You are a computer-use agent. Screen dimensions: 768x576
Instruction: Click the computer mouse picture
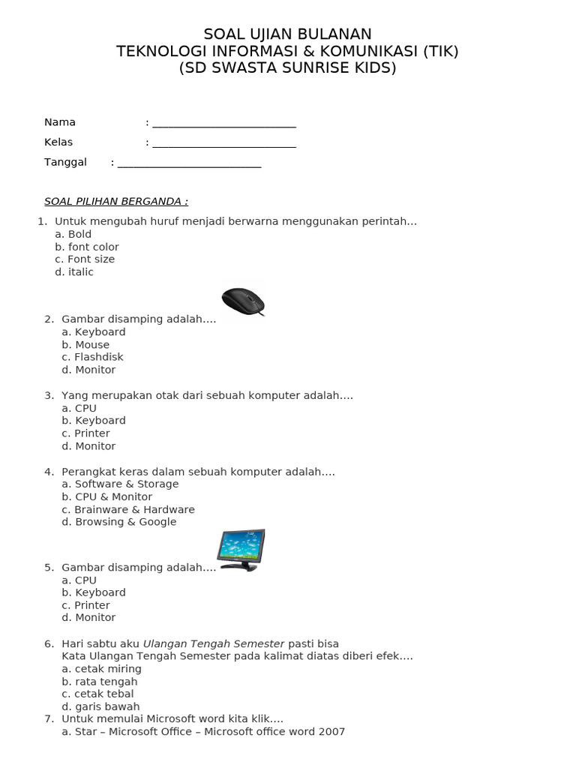pyautogui.click(x=243, y=301)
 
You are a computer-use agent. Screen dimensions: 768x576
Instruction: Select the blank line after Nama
pyautogui.click(x=223, y=123)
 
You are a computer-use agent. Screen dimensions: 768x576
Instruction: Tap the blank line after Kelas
pyautogui.click(x=223, y=142)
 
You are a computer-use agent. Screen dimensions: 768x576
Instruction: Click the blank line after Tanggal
pyautogui.click(x=189, y=163)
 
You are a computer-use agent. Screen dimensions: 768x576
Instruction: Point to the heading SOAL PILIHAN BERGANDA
pyautogui.click(x=116, y=201)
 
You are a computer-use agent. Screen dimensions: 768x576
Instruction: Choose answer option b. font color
pyautogui.click(x=87, y=247)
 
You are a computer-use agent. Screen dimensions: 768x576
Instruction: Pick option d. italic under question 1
pyautogui.click(x=74, y=272)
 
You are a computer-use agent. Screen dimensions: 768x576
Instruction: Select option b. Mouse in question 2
pyautogui.click(x=85, y=345)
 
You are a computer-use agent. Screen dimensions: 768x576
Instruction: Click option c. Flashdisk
pyautogui.click(x=92, y=357)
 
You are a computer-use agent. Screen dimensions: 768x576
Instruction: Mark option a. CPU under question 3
pyautogui.click(x=79, y=408)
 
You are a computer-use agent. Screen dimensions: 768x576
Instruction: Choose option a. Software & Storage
pyautogui.click(x=120, y=484)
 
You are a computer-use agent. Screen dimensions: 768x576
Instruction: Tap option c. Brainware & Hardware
pyautogui.click(x=128, y=509)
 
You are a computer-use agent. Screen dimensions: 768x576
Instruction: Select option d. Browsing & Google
pyautogui.click(x=119, y=522)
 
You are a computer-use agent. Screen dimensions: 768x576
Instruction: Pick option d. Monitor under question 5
pyautogui.click(x=88, y=617)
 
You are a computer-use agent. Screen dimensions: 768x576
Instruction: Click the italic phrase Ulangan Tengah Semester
pyautogui.click(x=214, y=643)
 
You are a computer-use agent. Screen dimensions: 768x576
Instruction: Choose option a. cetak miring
pyautogui.click(x=101, y=668)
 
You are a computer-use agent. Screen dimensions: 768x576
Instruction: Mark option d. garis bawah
pyautogui.click(x=100, y=706)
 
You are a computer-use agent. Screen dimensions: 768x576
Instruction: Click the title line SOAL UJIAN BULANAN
pyautogui.click(x=287, y=34)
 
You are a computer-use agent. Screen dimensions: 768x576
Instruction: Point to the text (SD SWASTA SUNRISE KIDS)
pyautogui.click(x=287, y=68)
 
